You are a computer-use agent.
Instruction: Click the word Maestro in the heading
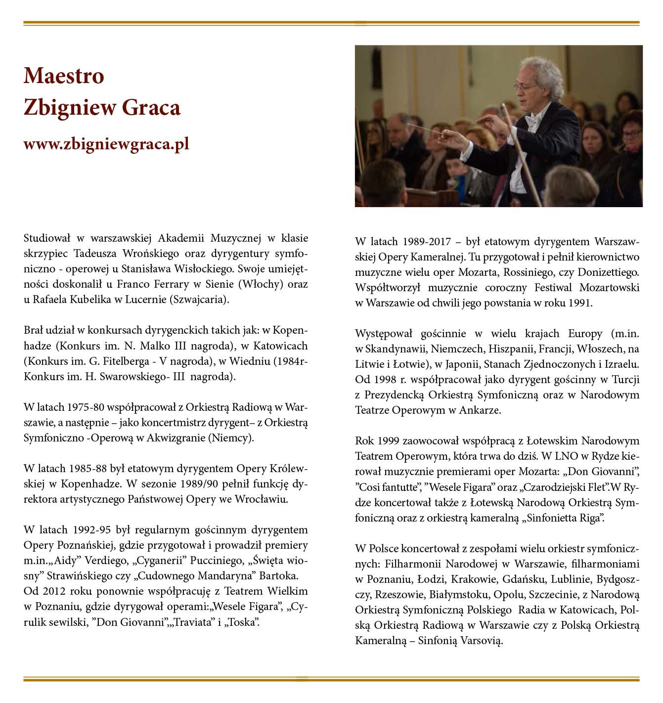(x=64, y=76)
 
